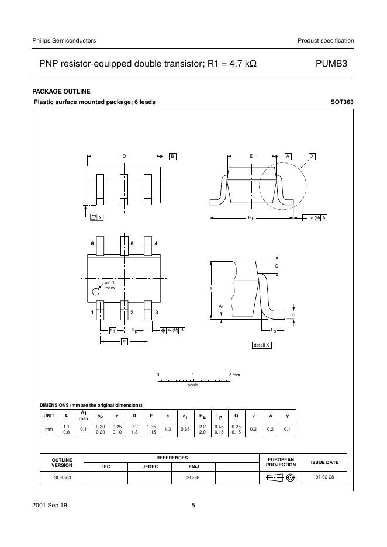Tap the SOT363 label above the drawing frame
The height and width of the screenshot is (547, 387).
click(x=342, y=102)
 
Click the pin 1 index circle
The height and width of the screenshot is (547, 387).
click(x=95, y=291)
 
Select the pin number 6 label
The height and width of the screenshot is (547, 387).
click(x=92, y=243)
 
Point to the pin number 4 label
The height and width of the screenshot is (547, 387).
click(x=156, y=243)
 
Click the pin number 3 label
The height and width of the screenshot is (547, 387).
click(x=157, y=313)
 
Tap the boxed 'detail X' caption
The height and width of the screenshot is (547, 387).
click(x=261, y=345)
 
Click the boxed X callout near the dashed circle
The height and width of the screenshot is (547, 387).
click(x=312, y=157)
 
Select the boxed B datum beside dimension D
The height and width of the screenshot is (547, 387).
click(x=172, y=157)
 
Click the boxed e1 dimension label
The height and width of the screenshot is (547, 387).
click(x=112, y=330)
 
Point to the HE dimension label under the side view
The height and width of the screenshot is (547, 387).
click(x=251, y=218)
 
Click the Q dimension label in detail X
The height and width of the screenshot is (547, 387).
click(x=277, y=265)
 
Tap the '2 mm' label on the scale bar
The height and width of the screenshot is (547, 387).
click(x=233, y=374)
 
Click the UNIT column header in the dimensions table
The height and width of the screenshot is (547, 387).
click(x=49, y=416)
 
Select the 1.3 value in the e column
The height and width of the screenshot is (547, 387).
click(x=168, y=429)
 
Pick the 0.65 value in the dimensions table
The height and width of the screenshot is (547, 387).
click(x=185, y=429)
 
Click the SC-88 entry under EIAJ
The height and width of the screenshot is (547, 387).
click(x=193, y=477)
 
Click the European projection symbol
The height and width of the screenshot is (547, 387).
click(x=281, y=477)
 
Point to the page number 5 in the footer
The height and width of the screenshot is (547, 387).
click(x=193, y=506)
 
